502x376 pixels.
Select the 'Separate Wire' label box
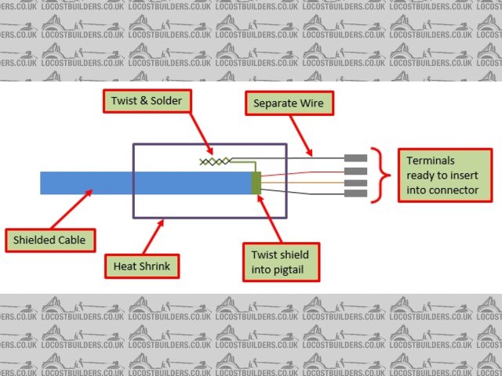(x=287, y=103)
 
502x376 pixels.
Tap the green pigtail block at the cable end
(x=256, y=183)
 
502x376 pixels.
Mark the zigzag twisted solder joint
(x=215, y=161)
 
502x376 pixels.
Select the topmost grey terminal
(x=355, y=159)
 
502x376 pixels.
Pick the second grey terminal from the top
(x=355, y=171)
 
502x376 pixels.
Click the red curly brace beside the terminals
(x=382, y=174)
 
